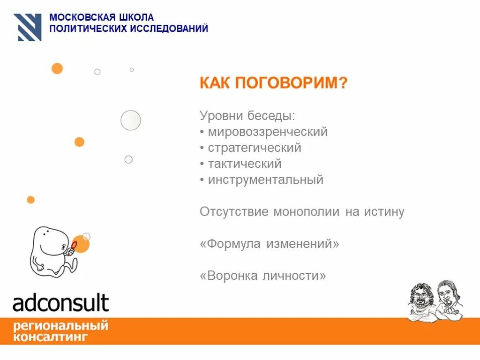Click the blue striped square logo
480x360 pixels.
point(28,27)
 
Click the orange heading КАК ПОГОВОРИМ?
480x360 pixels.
point(274,83)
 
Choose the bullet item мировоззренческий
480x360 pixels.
point(268,132)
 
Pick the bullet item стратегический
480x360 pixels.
point(255,148)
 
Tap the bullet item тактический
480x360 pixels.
point(245,164)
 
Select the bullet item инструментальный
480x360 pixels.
point(266,180)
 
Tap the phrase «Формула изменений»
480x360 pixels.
point(270,244)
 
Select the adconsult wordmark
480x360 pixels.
point(61,303)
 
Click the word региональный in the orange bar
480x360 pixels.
point(61,325)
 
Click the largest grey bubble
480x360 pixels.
point(131,120)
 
